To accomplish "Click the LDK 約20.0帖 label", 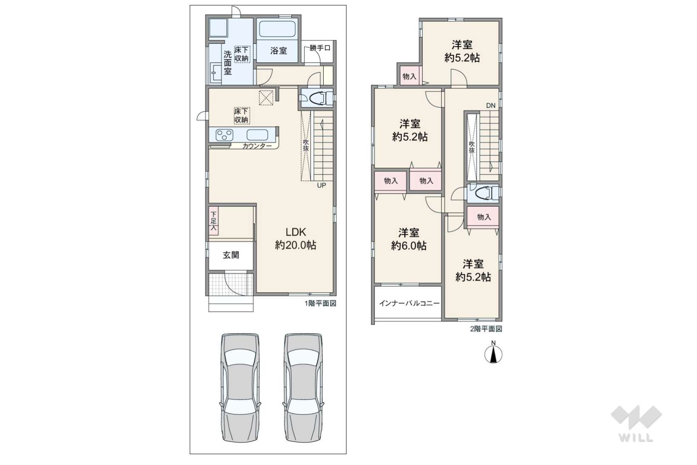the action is point(295,239).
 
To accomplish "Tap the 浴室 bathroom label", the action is point(279,51).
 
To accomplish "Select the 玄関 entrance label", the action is point(231,255).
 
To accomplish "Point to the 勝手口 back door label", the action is point(320,48).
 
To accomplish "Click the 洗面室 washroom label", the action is point(228,63).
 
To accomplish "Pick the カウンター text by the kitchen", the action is point(257,146).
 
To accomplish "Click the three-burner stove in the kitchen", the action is point(225,135).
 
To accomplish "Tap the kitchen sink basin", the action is point(257,135).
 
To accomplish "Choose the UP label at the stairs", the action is point(321,185).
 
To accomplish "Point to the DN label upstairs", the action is point(491,106).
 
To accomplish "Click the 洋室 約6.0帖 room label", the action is point(409,240).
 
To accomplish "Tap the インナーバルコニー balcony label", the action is point(409,303).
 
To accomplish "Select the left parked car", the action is point(240,388).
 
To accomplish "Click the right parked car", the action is point(303,388).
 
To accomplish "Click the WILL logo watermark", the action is point(636,423).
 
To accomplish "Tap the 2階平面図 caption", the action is point(486,329).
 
